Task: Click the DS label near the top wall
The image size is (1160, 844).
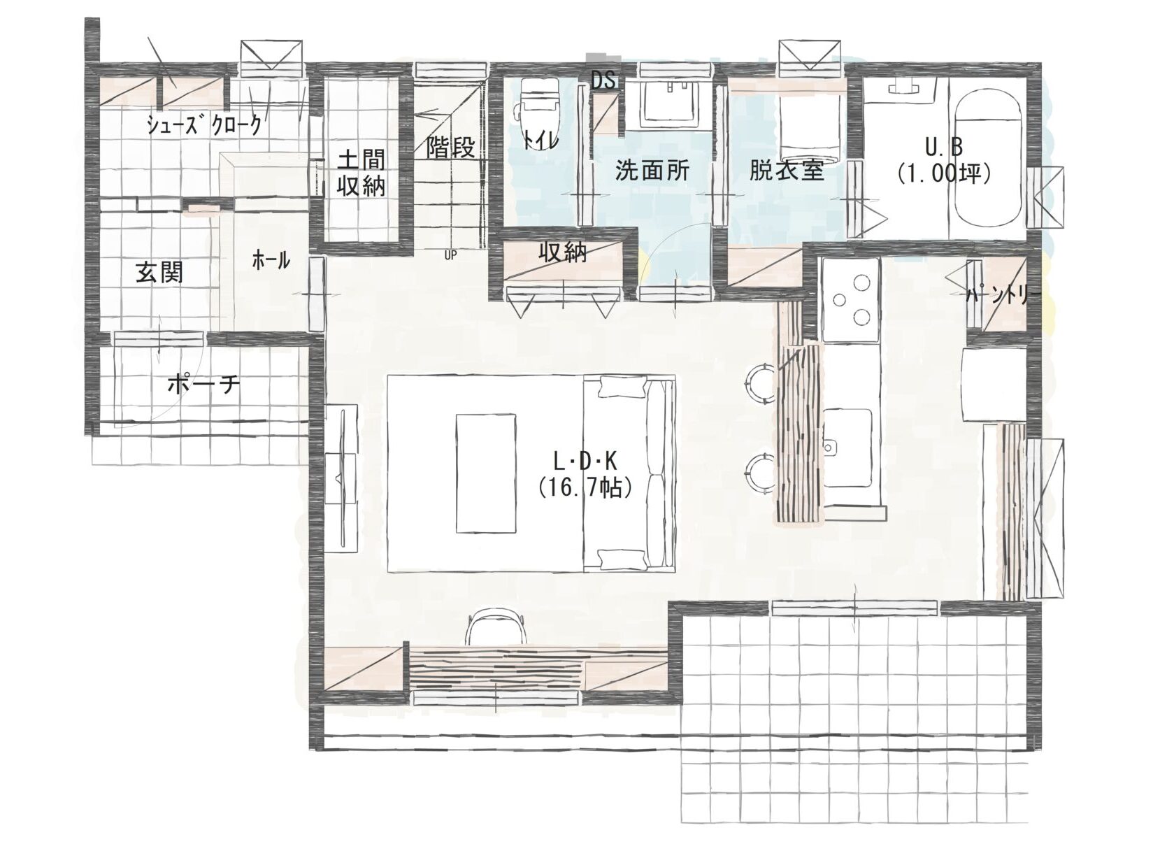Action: [604, 81]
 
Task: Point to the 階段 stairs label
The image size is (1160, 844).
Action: [450, 148]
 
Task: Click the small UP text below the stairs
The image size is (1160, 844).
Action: [450, 255]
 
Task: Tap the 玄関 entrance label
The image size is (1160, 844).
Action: [159, 272]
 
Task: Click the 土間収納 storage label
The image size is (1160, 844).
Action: [361, 173]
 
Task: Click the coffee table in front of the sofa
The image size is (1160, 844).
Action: [486, 473]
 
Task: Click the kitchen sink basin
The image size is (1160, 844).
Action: [851, 448]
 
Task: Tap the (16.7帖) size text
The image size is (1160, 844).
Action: [585, 488]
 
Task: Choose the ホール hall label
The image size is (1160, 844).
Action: [271, 260]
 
